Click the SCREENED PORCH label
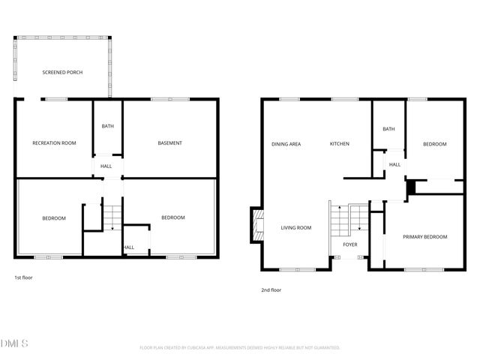[x=62, y=72]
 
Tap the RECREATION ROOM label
[x=54, y=142]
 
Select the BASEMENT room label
[x=170, y=142]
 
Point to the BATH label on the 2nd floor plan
[x=388, y=129]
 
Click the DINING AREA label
[x=286, y=143]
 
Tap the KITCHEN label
[x=339, y=143]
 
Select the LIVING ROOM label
[x=296, y=227]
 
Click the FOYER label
[x=350, y=244]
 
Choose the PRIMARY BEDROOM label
[x=424, y=236]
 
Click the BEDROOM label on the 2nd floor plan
[x=434, y=144]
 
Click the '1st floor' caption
[x=23, y=277]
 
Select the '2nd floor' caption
[x=270, y=290]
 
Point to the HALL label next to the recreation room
[x=106, y=166]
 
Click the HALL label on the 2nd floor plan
[x=394, y=164]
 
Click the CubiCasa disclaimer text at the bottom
[x=240, y=348]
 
